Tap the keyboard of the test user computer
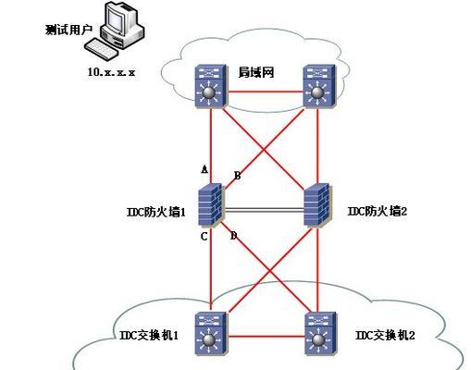click(x=101, y=49)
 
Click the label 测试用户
click(x=68, y=30)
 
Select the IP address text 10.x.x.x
click(x=111, y=72)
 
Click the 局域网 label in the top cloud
click(x=256, y=72)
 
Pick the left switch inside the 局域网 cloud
click(x=211, y=86)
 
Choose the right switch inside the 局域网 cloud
click(x=319, y=86)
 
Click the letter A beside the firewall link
click(x=205, y=169)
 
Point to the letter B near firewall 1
click(x=237, y=176)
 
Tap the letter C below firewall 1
click(x=204, y=237)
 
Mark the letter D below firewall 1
click(x=234, y=236)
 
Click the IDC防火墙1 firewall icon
click(x=210, y=204)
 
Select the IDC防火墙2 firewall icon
click(x=316, y=204)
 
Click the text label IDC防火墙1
click(x=156, y=212)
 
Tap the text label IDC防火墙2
click(x=378, y=211)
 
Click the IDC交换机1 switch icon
click(x=211, y=333)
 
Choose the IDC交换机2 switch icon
click(x=320, y=333)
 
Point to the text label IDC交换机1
click(x=149, y=335)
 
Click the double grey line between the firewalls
click(x=264, y=210)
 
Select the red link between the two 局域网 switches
click(x=266, y=92)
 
